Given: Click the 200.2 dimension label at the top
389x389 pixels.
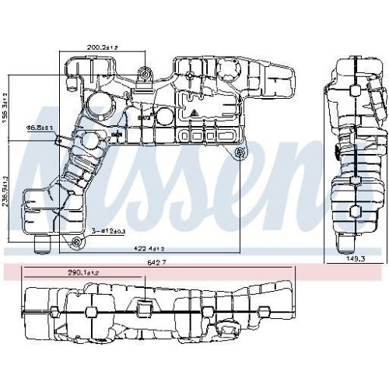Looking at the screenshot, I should pos(102,47).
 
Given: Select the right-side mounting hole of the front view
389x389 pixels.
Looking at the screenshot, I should pos(238,150).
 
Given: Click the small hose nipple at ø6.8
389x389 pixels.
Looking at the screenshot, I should pos(61,140).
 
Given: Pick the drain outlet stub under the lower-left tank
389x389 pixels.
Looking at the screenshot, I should pos(41,247).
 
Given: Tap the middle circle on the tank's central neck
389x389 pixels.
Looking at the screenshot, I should pos(92,142).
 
